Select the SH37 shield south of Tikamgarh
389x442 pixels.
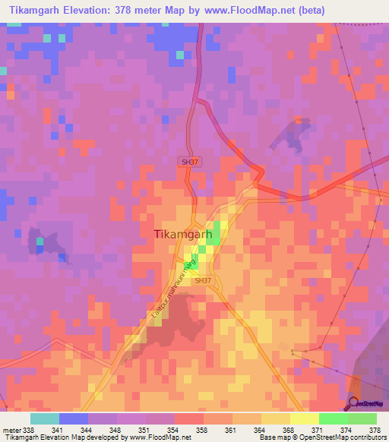tap(202, 280)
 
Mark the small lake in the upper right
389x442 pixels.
tap(293, 133)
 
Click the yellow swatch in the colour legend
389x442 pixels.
tap(304, 418)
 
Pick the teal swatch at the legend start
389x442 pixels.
tap(45, 418)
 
